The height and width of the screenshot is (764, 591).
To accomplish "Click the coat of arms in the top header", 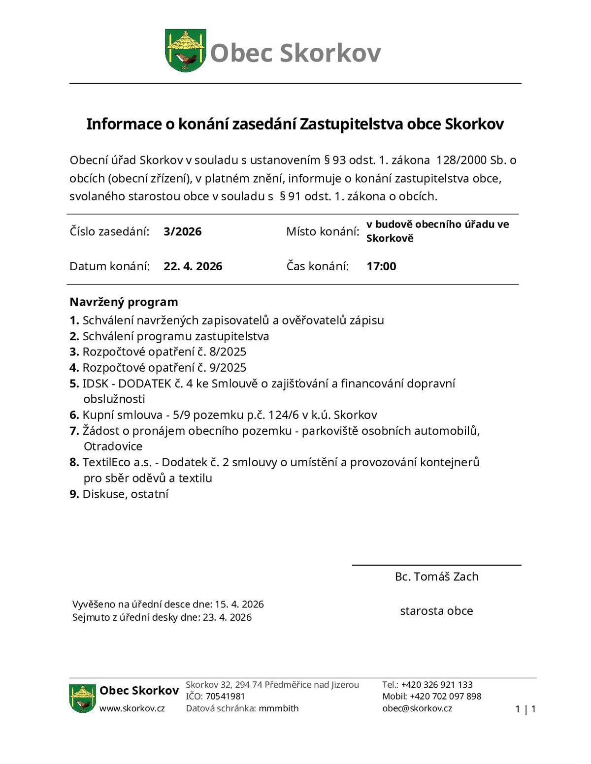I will [185, 51].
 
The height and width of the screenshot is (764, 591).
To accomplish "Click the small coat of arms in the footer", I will [82, 698].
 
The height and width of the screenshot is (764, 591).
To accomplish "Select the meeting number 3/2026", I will [182, 232].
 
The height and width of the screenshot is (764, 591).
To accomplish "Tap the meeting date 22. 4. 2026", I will [193, 266].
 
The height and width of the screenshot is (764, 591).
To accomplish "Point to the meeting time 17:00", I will [381, 266].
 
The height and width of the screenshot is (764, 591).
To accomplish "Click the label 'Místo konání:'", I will [323, 232].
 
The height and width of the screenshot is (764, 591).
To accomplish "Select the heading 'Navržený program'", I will [124, 302].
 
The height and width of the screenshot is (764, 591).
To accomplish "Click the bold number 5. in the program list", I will [74, 383].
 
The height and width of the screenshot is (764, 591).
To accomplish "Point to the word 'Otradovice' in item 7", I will [113, 446].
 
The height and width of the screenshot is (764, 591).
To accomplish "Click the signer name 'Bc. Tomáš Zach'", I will [436, 576].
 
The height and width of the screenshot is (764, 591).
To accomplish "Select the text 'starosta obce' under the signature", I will [436, 611].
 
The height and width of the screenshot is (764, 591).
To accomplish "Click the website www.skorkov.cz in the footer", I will [132, 708].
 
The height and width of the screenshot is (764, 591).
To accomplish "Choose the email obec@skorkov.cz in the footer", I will [417, 708].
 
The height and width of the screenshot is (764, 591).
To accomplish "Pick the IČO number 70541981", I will [225, 696].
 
